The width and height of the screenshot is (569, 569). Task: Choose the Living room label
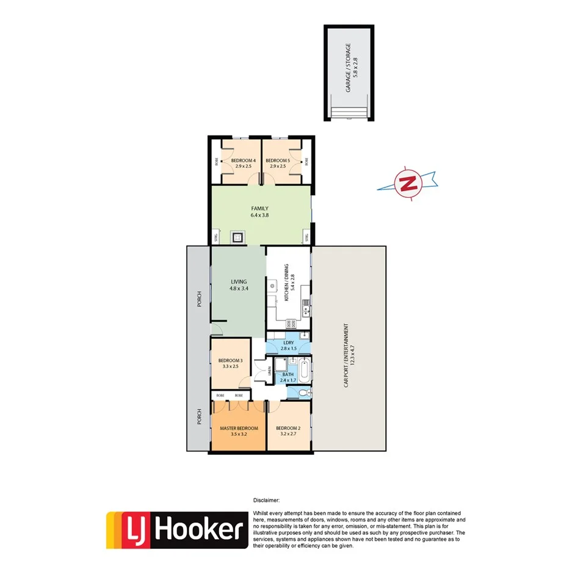coord(239,284)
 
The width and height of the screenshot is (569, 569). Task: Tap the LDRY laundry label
coord(288,346)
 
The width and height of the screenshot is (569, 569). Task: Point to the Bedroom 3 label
coord(230,363)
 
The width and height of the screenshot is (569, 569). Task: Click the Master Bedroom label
coord(239,431)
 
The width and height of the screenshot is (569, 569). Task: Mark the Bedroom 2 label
coord(288,431)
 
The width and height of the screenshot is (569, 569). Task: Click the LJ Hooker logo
coord(176,529)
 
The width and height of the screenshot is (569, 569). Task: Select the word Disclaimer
coord(267,500)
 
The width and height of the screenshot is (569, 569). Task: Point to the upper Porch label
coord(198,297)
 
